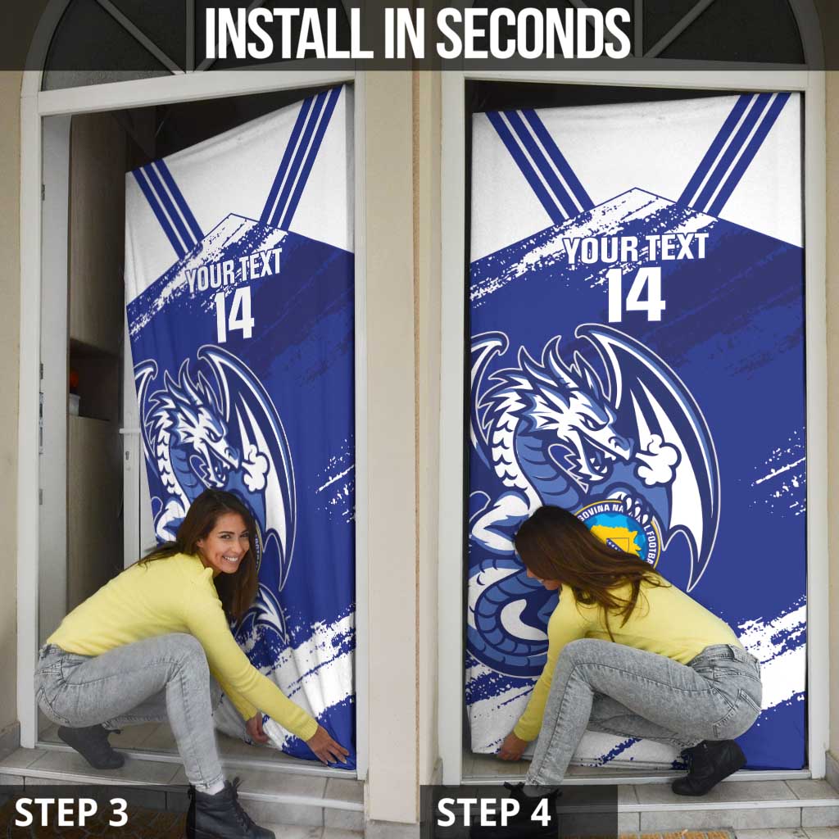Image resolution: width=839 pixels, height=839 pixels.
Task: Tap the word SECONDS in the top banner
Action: pos(533,34)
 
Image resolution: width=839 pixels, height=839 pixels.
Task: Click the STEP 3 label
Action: pos(71,812)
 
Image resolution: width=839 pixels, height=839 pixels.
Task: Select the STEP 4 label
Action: pos(493,812)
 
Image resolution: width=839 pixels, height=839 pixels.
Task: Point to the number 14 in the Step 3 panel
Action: pos(234,315)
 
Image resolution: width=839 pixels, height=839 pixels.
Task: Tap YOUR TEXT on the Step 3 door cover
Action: pos(233,271)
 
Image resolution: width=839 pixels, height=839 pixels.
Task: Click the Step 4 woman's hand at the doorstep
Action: pos(513,747)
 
